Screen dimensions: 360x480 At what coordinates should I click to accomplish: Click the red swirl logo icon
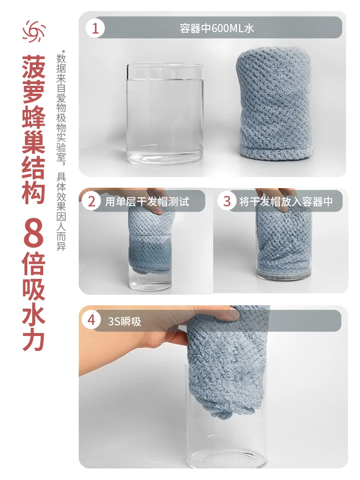(34, 31)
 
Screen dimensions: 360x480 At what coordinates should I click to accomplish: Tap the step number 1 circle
(95, 28)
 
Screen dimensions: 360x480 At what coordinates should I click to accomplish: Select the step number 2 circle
(92, 202)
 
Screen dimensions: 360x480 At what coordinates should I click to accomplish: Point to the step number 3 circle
(227, 202)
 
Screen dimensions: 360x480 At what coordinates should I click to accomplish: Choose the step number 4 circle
(91, 320)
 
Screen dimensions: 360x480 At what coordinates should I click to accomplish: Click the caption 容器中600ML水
(217, 28)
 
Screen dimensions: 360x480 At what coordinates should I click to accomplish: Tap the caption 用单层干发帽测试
(147, 202)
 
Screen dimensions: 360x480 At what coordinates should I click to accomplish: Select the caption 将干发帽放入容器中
(286, 202)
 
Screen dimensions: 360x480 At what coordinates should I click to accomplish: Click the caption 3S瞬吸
(124, 322)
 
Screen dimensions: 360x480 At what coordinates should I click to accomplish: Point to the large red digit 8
(34, 233)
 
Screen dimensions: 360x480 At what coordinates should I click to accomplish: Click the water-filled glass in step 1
(165, 114)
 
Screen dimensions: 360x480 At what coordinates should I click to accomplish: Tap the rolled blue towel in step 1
(275, 104)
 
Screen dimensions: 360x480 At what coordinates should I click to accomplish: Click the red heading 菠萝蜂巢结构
(34, 130)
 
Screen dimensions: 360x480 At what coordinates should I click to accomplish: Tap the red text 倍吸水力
(34, 301)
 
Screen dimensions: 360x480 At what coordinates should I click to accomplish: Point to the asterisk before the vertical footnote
(63, 51)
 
